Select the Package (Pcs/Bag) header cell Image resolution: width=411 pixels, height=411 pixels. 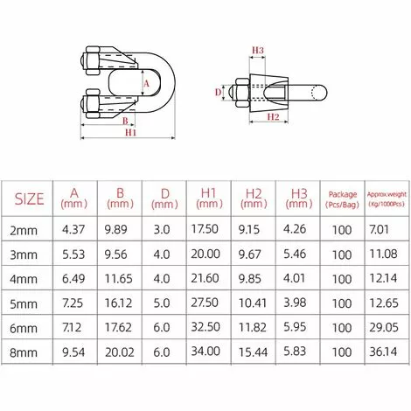click(342, 199)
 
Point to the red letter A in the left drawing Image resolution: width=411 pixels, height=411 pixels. click(145, 84)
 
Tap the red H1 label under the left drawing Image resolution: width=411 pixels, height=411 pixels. click(130, 134)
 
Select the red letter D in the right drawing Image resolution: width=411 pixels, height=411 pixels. click(219, 89)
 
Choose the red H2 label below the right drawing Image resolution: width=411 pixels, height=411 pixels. click(271, 116)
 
